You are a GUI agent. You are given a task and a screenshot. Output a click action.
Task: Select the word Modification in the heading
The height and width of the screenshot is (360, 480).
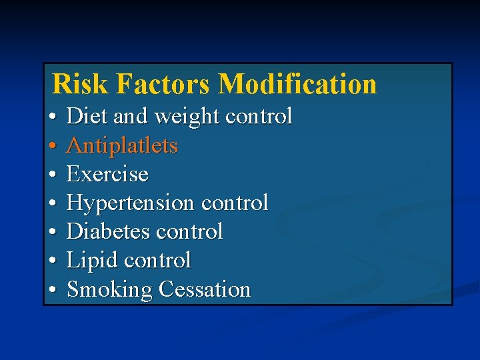[x=297, y=85]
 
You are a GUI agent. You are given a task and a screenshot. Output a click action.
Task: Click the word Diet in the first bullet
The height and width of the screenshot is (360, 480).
[x=88, y=117]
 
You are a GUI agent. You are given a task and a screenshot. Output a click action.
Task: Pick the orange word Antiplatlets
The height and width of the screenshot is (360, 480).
[x=123, y=145]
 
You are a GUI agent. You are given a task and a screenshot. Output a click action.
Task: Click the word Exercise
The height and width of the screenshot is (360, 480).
[x=108, y=174]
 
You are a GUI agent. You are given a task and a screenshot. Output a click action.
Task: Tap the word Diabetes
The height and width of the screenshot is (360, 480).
[x=111, y=231]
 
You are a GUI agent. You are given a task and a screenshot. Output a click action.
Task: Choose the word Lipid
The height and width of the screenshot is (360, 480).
[x=93, y=261]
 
